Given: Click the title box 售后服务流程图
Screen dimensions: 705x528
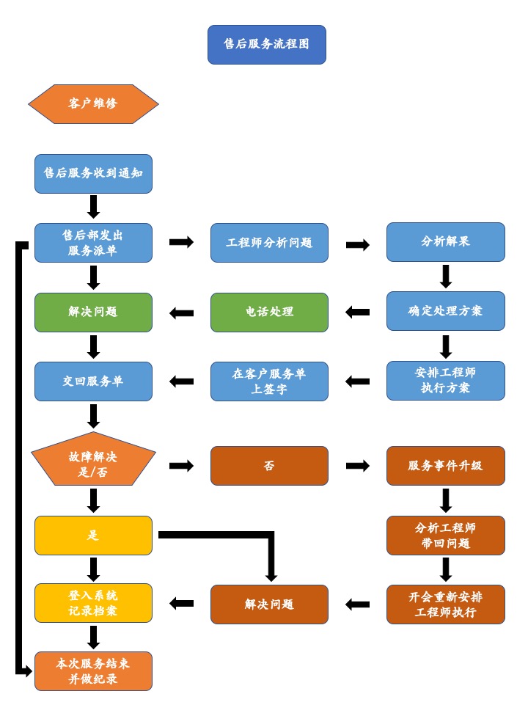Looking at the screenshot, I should (266, 45).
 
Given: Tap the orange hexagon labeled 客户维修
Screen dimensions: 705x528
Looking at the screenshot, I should (93, 104).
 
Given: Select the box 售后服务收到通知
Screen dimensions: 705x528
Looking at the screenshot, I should (93, 174).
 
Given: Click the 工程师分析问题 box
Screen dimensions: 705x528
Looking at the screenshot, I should (269, 243).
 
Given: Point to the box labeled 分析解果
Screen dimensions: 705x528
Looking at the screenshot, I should (445, 242).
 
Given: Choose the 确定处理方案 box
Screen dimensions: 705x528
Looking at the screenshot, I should (445, 311).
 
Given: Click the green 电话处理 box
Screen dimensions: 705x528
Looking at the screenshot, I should (269, 313).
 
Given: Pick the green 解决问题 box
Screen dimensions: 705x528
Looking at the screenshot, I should (93, 313).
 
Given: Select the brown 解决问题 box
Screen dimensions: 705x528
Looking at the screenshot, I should (269, 604).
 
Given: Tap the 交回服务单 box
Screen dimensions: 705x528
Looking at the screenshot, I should (93, 381).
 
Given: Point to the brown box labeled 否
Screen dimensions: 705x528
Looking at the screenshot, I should (269, 466).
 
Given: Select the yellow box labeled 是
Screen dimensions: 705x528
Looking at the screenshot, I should (93, 536).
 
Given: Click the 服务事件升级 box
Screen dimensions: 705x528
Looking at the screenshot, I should (445, 466).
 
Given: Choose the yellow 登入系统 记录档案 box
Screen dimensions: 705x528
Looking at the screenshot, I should (93, 603).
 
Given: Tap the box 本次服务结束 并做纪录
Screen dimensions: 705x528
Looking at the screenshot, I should (93, 671).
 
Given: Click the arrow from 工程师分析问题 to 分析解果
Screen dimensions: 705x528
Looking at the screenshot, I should (357, 245).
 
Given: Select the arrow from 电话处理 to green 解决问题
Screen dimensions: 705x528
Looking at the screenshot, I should (181, 313).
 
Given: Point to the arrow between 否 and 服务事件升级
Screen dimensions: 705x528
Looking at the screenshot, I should (357, 466).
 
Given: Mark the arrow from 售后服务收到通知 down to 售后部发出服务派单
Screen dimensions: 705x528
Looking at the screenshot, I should (93, 207).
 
